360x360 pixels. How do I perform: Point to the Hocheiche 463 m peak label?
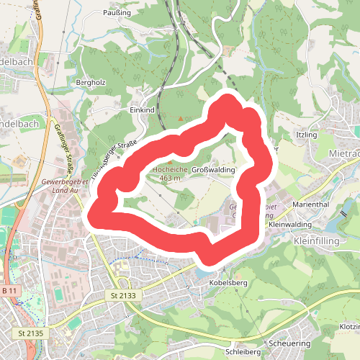[169, 173]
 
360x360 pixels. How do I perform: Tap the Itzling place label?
[307, 135]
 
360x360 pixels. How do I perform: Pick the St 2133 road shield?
[124, 296]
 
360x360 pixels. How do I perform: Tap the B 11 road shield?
[9, 290]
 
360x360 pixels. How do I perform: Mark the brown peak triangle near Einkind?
[180, 117]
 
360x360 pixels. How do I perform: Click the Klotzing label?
[348, 326]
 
